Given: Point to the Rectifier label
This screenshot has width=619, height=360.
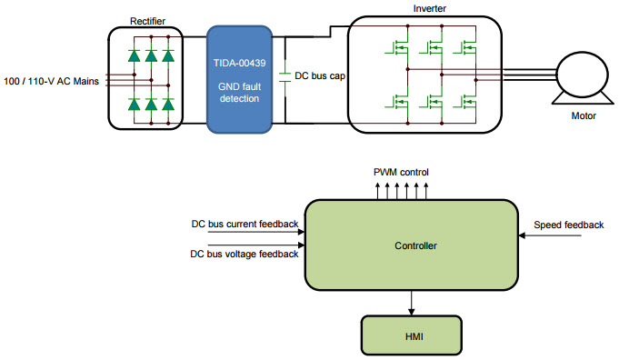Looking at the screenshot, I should [x=147, y=19].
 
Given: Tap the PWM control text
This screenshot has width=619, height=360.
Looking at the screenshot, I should [x=401, y=172].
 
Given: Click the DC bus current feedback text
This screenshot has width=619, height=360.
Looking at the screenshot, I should [x=244, y=224].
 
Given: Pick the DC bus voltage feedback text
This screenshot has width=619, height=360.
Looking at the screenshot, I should [x=244, y=254].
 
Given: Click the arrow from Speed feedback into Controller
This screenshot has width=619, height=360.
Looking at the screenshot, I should [x=550, y=236].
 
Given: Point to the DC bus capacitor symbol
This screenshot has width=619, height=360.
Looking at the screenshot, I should [x=285, y=75].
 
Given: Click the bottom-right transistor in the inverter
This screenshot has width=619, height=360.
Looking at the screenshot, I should [x=467, y=102].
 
